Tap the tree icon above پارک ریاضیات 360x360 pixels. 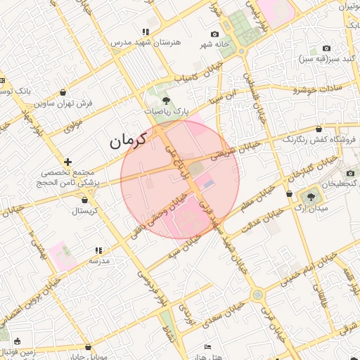[166, 101]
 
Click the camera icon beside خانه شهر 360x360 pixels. [215, 34]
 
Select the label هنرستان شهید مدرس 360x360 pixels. [146, 42]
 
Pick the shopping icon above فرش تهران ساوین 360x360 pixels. [64, 93]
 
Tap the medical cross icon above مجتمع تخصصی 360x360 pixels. [67, 162]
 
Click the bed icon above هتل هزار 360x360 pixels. [207, 347]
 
